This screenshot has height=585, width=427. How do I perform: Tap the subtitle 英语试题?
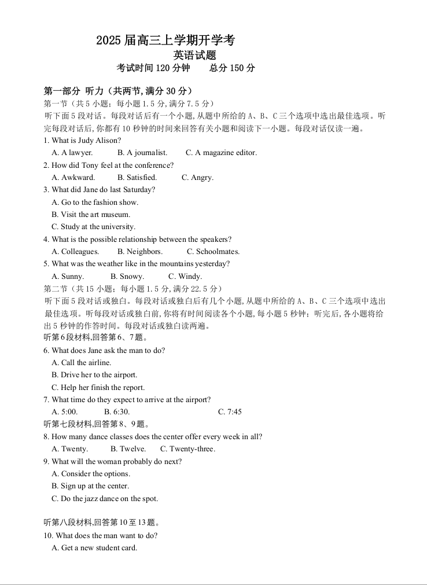pos(195,56)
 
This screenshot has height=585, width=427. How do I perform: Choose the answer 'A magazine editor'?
pos(221,153)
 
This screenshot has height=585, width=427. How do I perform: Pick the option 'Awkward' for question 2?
pos(73,178)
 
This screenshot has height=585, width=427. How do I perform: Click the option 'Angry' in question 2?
pos(197,178)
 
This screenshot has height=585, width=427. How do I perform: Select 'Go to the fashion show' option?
pos(95,203)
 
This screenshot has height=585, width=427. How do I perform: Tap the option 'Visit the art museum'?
pos(91,215)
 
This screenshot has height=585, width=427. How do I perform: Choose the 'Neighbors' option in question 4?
pos(139,252)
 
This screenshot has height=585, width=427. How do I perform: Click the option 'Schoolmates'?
pos(213,252)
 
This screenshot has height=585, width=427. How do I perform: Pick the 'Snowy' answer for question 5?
pos(127,277)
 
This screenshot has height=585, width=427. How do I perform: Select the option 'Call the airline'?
pos(81,363)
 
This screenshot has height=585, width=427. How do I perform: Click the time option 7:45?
pos(230,412)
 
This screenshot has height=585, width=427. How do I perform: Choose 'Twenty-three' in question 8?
pos(187,449)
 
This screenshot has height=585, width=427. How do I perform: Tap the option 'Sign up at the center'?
pos(90,486)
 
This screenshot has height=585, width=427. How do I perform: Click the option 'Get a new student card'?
pos(94,548)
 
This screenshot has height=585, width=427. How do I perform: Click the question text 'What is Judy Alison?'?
pos(82,141)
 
